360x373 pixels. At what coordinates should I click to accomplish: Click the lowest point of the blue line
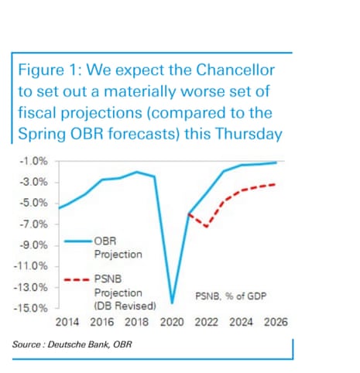coord(172,302)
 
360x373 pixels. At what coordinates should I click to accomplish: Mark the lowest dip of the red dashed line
coord(205,226)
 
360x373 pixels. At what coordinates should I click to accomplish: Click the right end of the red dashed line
coord(276,184)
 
